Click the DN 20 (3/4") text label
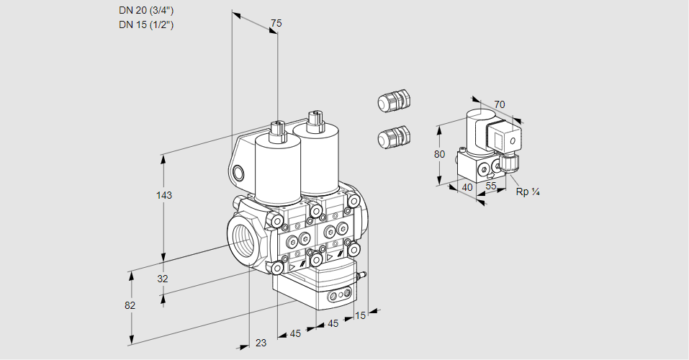(146, 11)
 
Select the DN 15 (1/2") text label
(146, 24)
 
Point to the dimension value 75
(275, 24)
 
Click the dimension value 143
(165, 195)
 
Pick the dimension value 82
(130, 305)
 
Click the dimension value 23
(261, 343)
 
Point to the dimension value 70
(500, 104)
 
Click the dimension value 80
(440, 153)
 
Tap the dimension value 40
(467, 187)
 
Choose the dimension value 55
(491, 186)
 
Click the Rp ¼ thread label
(528, 192)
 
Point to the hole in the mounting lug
(238, 172)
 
